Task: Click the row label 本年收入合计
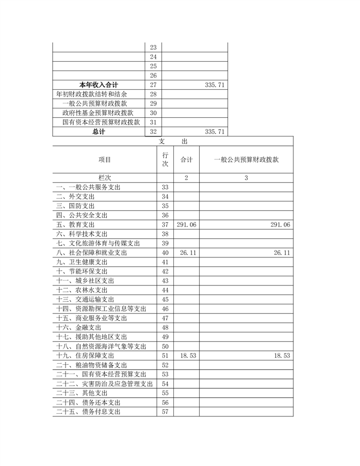pos(99,85)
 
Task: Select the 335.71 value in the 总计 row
pos(214,131)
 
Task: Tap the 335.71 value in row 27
pos(214,85)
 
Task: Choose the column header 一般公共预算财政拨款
pos(246,160)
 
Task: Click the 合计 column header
pos(187,160)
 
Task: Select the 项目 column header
pos(105,160)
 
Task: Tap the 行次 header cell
pos(165,160)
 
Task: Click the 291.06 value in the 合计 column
pos(187,225)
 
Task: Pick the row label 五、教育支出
pos(75,225)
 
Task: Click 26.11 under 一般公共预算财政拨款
pos(281,253)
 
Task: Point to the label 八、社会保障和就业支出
pos(91,253)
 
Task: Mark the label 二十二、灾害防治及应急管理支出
pos(105,384)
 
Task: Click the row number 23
pos(153,47)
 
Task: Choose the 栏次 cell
pos(105,178)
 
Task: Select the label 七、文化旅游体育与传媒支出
pos(98,243)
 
